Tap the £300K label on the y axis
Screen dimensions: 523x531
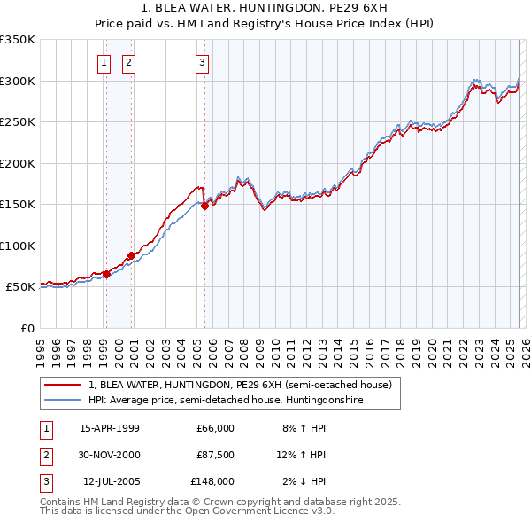tap(18, 81)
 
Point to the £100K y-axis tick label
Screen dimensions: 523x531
tap(18, 246)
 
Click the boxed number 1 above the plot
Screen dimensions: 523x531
tap(104, 62)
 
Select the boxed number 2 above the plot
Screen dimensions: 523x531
tap(129, 62)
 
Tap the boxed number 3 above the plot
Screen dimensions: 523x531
tap(202, 62)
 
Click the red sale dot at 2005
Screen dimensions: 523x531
tap(204, 206)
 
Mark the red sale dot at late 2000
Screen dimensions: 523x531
tap(132, 255)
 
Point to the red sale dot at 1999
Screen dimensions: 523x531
tap(106, 274)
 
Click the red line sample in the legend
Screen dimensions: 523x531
tap(62, 385)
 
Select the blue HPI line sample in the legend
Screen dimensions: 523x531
tap(62, 400)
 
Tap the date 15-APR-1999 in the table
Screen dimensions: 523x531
tap(109, 428)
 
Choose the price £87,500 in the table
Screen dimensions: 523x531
tap(215, 455)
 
